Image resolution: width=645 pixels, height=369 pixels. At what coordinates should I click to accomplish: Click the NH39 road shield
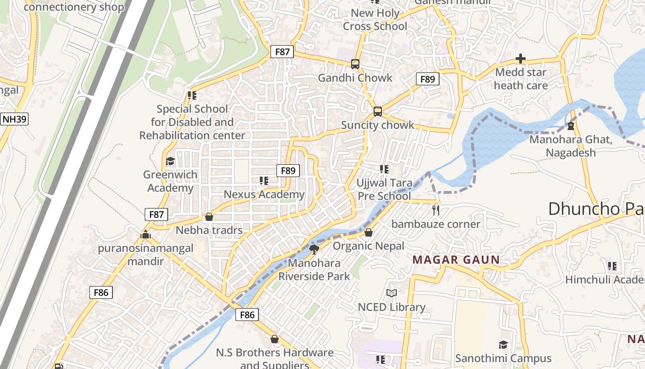pyautogui.click(x=15, y=119)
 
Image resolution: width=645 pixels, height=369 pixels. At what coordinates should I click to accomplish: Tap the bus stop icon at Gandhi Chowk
pyautogui.click(x=355, y=64)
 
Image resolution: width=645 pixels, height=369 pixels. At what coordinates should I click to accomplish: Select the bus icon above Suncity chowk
pyautogui.click(x=377, y=112)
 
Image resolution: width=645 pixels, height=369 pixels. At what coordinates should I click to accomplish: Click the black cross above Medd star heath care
pyautogui.click(x=521, y=59)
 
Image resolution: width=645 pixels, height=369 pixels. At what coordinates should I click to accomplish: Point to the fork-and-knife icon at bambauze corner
pyautogui.click(x=436, y=210)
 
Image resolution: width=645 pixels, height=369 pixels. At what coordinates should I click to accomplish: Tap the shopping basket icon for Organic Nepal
pyautogui.click(x=368, y=232)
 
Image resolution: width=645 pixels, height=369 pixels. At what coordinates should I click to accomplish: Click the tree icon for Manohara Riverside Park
pyautogui.click(x=314, y=250)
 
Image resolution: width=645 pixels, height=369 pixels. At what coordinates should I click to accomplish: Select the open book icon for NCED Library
pyautogui.click(x=392, y=293)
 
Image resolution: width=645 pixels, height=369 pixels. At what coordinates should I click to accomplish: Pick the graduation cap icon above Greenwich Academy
pyautogui.click(x=170, y=161)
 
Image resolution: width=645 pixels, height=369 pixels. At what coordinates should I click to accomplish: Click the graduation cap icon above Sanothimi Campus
pyautogui.click(x=503, y=345)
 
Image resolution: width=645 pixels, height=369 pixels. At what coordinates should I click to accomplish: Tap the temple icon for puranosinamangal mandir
pyautogui.click(x=146, y=235)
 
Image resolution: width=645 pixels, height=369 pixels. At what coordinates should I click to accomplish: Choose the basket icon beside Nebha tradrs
pyautogui.click(x=209, y=217)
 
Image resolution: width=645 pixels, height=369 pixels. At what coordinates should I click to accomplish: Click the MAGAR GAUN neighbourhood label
pyautogui.click(x=456, y=260)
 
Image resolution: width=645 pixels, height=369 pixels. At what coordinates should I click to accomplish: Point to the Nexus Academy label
pyautogui.click(x=264, y=194)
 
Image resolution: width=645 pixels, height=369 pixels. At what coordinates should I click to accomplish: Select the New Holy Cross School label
pyautogui.click(x=375, y=20)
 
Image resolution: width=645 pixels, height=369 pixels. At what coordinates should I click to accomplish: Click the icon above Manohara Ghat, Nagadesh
pyautogui.click(x=571, y=125)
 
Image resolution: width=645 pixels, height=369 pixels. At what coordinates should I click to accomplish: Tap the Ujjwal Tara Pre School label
pyautogui.click(x=384, y=190)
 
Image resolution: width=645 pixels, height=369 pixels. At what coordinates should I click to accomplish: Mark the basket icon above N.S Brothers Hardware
pyautogui.click(x=275, y=339)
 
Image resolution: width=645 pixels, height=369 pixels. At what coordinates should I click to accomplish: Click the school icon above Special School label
pyautogui.click(x=192, y=95)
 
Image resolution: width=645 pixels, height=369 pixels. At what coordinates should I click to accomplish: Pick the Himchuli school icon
pyautogui.click(x=612, y=266)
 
